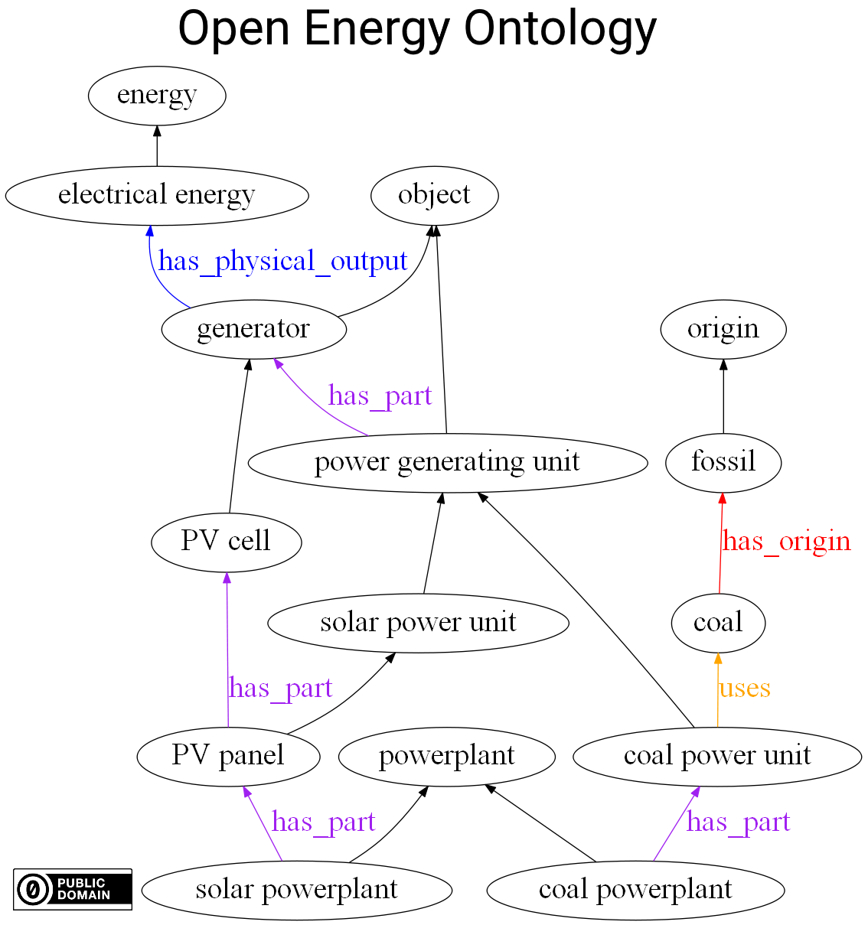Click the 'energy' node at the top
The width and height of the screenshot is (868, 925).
[157, 96]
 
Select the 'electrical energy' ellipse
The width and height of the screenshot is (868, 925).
[157, 195]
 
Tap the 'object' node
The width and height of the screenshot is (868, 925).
[434, 195]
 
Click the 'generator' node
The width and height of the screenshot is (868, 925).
[253, 329]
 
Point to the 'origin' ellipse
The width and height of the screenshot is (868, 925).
[723, 329]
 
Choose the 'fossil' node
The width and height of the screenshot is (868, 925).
[723, 462]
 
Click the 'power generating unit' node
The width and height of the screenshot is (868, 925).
[448, 462]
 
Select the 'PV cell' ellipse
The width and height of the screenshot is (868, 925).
[226, 542]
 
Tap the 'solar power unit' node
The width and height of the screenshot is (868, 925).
[418, 623]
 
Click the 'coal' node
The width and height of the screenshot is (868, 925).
[718, 623]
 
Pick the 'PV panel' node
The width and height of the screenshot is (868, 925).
[228, 756]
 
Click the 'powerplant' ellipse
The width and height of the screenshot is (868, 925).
[447, 756]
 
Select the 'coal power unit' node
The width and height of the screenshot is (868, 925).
[717, 756]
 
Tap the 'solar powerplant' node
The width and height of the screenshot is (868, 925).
[297, 890]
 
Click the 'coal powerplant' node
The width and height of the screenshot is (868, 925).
[635, 890]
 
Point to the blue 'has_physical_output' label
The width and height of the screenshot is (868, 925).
[283, 262]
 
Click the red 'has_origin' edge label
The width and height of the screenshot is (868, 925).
[786, 542]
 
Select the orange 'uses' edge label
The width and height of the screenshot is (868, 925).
[744, 689]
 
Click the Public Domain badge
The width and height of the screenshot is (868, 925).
[73, 889]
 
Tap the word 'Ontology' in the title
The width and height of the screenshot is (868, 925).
[561, 29]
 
